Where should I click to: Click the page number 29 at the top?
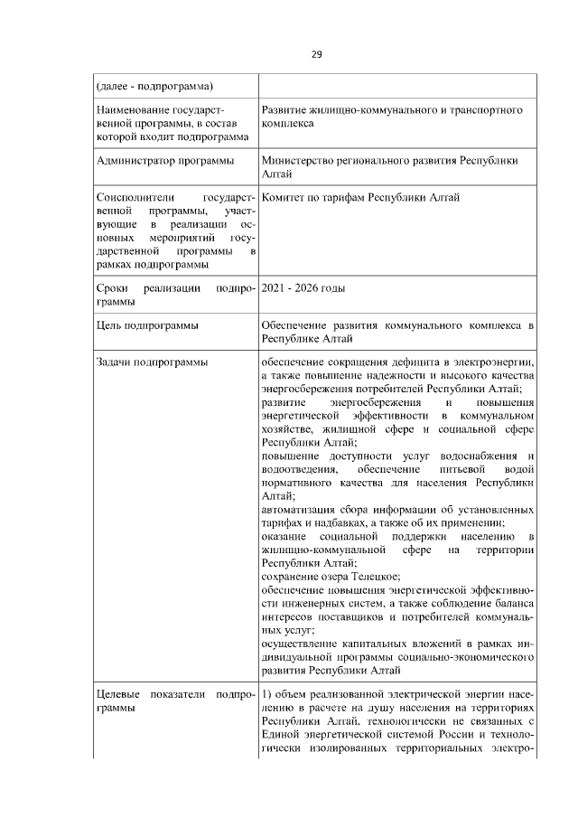coord(317,54)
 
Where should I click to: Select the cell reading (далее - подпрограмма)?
coord(154,87)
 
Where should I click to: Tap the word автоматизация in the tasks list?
coord(297,509)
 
